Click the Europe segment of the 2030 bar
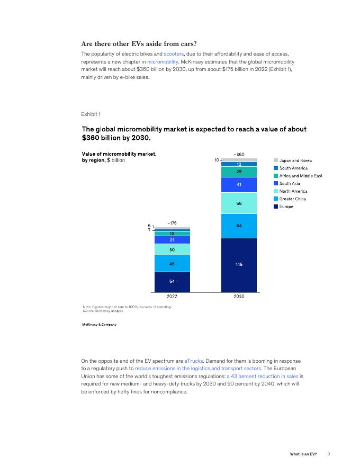click(x=239, y=265)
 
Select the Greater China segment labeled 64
click(x=239, y=226)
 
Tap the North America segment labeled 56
click(x=239, y=203)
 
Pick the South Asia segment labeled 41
click(x=239, y=184)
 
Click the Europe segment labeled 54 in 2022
click(x=172, y=282)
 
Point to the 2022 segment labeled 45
click(x=172, y=263)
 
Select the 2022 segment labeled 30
click(x=172, y=249)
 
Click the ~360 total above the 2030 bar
click(x=239, y=154)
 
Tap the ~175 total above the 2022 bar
click(x=172, y=223)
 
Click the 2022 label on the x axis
click(x=172, y=297)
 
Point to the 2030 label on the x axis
click(x=239, y=297)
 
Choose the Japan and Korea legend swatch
click(x=276, y=160)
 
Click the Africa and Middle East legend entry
click(x=301, y=176)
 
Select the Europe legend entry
click(x=286, y=207)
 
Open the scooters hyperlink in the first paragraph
click(x=173, y=54)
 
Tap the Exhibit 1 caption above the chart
click(x=91, y=114)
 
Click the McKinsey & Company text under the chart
click(x=99, y=324)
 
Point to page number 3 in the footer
click(x=329, y=454)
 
